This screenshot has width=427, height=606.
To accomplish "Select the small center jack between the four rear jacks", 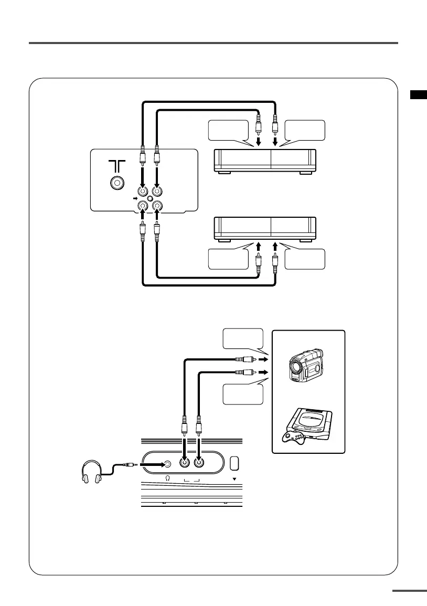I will point(150,199).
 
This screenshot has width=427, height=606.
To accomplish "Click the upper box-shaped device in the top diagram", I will point(265,160).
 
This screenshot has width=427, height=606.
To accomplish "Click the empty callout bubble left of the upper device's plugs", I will point(229,130).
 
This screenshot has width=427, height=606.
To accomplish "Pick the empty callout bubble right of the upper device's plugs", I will point(304,130).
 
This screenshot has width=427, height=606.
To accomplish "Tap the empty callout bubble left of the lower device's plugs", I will point(229,259).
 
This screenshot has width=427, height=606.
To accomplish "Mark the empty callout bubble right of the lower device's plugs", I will point(304,259).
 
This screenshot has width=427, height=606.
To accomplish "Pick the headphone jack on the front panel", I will point(167,464).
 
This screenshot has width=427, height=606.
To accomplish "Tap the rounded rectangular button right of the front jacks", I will point(234,463).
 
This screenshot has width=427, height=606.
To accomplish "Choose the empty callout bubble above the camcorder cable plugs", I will point(242,339).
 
